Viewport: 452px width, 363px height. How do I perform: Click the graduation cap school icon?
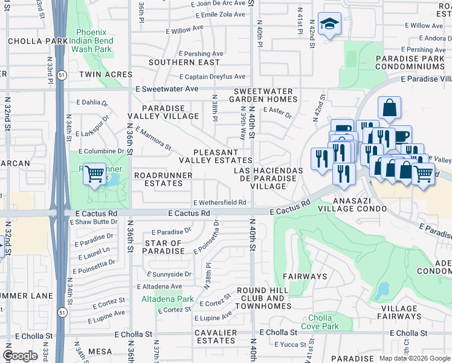click(x=329, y=24)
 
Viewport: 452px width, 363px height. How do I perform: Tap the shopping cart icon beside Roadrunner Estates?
click(x=94, y=174)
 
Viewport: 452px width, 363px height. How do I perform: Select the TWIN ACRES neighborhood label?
click(x=105, y=74)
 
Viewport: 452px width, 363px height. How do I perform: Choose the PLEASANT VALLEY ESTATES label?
click(x=215, y=156)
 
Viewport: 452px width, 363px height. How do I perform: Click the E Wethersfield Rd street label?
click(x=219, y=203)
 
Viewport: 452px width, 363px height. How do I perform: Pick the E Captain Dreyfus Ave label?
click(x=213, y=77)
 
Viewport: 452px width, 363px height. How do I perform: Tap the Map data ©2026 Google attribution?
click(x=415, y=358)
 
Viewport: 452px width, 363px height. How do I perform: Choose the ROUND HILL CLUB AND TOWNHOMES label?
click(x=264, y=298)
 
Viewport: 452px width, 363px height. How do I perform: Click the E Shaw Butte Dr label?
click(x=92, y=222)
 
